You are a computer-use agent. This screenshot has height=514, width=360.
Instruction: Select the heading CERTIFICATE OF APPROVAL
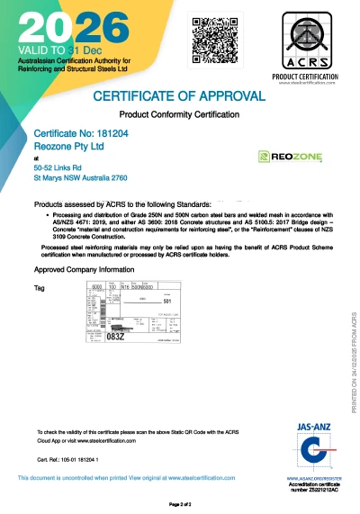(179, 95)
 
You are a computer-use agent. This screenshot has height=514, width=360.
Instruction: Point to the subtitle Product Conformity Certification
(179, 114)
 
